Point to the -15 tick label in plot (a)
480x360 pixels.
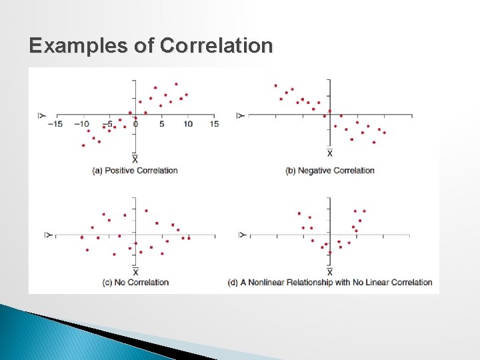(x=57, y=124)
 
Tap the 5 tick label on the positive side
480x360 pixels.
(x=161, y=124)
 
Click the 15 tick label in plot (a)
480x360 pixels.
(x=214, y=124)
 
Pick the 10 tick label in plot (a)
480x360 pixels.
(x=188, y=124)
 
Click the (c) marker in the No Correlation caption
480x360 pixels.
(x=107, y=283)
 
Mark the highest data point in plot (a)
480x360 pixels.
(x=176, y=84)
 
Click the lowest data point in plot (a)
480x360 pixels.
(x=83, y=145)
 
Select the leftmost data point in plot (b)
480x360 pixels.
(x=275, y=85)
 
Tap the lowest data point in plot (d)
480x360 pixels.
(x=330, y=253)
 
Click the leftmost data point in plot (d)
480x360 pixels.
(x=299, y=214)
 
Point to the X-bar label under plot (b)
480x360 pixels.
(x=330, y=153)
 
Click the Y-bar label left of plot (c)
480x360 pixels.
(x=47, y=235)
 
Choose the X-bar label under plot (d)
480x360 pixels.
(x=330, y=272)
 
